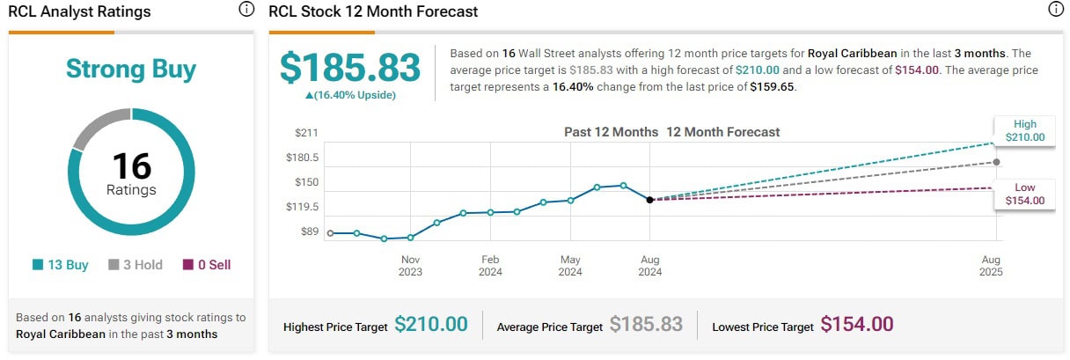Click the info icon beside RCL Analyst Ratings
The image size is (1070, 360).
click(x=246, y=11)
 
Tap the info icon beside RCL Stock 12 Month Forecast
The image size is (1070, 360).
click(x=1055, y=11)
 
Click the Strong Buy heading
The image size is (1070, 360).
click(x=131, y=70)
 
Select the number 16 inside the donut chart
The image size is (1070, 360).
click(x=131, y=166)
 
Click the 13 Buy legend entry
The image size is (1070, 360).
click(x=61, y=265)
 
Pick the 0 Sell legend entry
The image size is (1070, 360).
click(x=207, y=265)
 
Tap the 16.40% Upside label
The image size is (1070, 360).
click(x=339, y=95)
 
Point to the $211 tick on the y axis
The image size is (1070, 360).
click(x=307, y=133)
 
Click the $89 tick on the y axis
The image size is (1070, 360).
click(x=309, y=231)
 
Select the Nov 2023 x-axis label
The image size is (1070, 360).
click(x=410, y=266)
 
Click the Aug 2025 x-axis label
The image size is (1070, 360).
click(x=990, y=266)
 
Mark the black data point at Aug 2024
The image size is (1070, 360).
click(x=649, y=200)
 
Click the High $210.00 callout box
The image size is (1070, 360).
click(x=1025, y=131)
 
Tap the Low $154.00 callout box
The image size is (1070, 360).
click(x=1025, y=195)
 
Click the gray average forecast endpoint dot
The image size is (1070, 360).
click(x=996, y=162)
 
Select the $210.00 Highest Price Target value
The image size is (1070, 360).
click(x=431, y=325)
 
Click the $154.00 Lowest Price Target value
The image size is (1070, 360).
click(x=857, y=325)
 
